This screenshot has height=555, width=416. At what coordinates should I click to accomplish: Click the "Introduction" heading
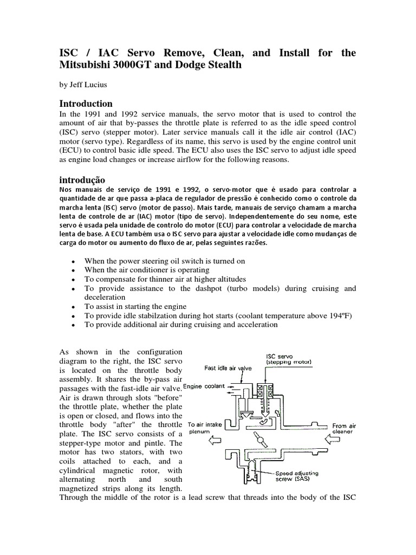coord(86,104)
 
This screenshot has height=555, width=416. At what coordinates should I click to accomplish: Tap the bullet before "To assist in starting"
coord(73,307)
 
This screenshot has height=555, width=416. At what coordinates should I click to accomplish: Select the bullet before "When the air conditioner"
coord(73,270)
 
